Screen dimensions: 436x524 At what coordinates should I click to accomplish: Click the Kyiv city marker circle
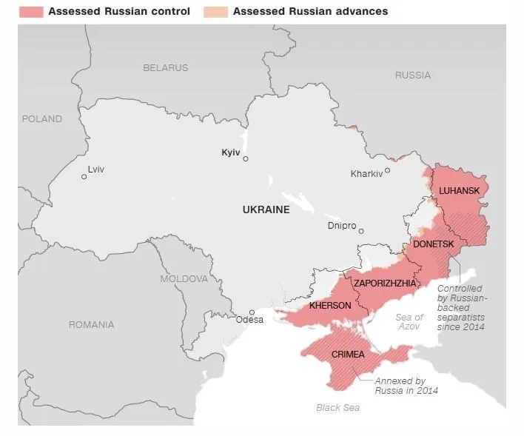[x=246, y=158]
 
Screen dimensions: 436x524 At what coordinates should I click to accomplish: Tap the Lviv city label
[x=95, y=170]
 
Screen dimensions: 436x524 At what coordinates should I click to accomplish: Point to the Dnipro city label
[x=342, y=226]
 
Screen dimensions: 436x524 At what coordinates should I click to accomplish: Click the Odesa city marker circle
[x=252, y=312]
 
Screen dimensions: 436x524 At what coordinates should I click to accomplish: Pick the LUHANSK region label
[x=459, y=191]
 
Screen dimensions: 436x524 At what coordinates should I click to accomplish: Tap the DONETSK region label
[x=433, y=244]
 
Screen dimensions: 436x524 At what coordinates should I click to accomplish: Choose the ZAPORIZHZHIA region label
[x=385, y=283]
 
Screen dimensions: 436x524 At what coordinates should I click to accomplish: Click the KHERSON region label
[x=330, y=305]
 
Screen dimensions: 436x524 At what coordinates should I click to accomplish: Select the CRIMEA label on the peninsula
[x=348, y=355]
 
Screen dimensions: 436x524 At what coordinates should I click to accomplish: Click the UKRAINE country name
[x=266, y=210]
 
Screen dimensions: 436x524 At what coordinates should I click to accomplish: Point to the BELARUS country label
[x=165, y=68]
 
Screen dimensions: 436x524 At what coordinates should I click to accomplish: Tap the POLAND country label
[x=41, y=118]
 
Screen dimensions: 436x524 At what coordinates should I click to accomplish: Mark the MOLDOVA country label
[x=184, y=279]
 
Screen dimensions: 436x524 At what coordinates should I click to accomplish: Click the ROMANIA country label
[x=91, y=325]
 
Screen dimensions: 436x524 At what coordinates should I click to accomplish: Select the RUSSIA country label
[x=412, y=76]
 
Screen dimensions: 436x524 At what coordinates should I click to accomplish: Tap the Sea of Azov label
[x=409, y=322]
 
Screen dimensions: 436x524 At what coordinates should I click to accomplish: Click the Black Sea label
[x=337, y=408]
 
